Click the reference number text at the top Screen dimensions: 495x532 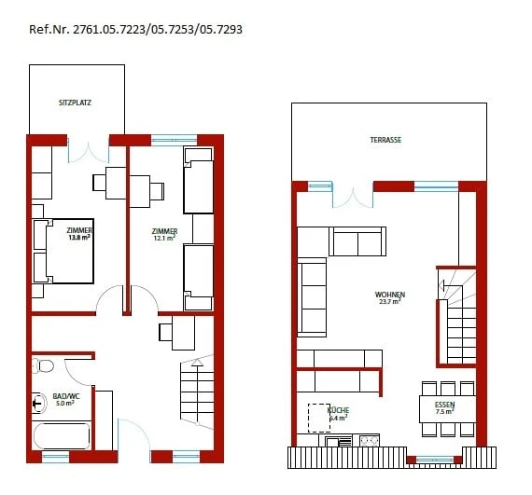click(136, 29)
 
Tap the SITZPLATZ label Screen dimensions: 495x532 click(74, 102)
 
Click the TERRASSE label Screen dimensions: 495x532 click(385, 140)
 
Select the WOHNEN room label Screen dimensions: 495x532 click(390, 295)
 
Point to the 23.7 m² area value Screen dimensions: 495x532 click(390, 302)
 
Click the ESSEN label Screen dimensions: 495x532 click(445, 405)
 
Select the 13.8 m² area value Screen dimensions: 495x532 click(78, 238)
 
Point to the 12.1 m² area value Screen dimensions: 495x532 click(164, 239)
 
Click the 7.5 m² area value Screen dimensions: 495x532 click(445, 412)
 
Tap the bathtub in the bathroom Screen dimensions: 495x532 click(62, 436)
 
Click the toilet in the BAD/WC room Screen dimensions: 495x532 click(39, 403)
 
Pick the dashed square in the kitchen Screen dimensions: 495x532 click(320, 419)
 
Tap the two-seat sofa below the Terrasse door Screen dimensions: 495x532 click(358, 241)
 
